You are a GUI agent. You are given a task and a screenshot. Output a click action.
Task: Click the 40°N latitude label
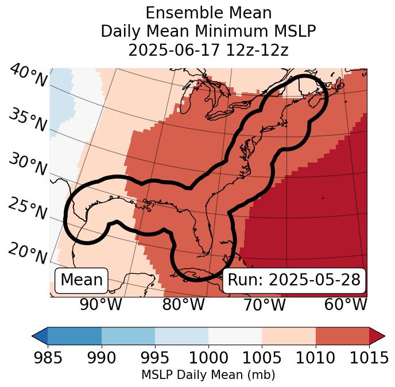pyautogui.click(x=28, y=76)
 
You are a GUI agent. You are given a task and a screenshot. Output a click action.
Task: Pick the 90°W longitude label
pyautogui.click(x=101, y=304)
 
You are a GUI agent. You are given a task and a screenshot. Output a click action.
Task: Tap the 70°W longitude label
pyautogui.click(x=264, y=304)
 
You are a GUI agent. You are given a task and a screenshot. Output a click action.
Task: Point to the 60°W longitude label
pyautogui.click(x=346, y=304)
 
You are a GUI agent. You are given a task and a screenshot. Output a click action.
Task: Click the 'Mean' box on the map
pyautogui.click(x=82, y=280)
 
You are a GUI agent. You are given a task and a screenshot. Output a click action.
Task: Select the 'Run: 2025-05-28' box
pyautogui.click(x=294, y=280)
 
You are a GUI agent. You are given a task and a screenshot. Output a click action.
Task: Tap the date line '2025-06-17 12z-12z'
pyautogui.click(x=208, y=50)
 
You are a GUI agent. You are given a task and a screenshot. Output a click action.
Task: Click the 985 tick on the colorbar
pyautogui.click(x=48, y=358)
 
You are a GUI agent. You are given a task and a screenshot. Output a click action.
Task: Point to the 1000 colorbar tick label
pyautogui.click(x=208, y=358)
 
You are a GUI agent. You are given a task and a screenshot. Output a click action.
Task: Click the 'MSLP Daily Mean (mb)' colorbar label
pyautogui.click(x=208, y=375)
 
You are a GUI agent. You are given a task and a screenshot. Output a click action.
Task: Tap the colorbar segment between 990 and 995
pyautogui.click(x=128, y=336)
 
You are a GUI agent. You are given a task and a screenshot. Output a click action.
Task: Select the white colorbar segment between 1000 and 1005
pyautogui.click(x=235, y=336)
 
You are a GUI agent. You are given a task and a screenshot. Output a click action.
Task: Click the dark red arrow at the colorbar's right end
pyautogui.click(x=377, y=336)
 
